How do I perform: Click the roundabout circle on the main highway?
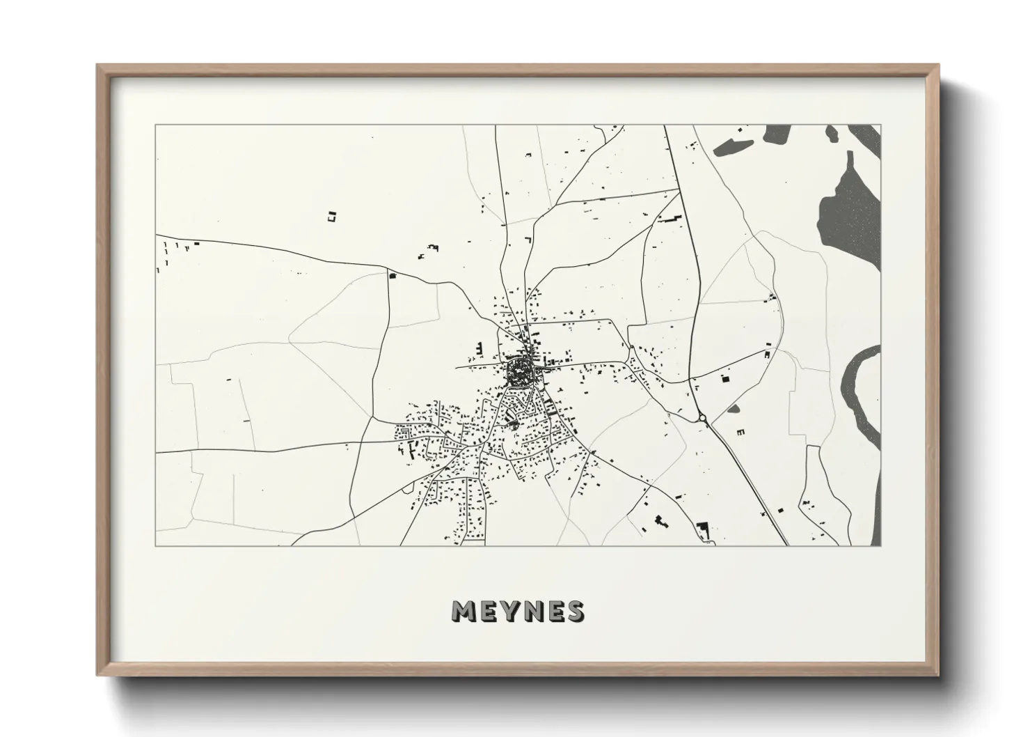tap(702, 419)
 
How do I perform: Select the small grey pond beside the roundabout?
tap(734, 409)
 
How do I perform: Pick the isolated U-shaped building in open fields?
tap(331, 217)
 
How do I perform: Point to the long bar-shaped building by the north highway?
tap(669, 219)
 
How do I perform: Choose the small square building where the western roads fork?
tap(392, 277)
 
